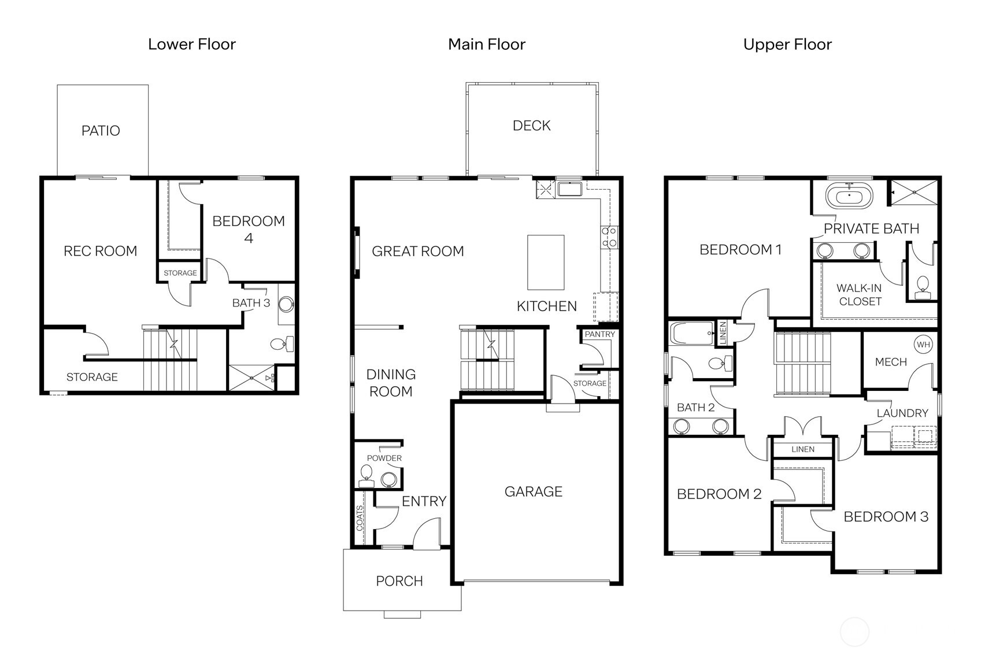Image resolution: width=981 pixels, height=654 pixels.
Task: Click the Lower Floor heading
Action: [191, 45]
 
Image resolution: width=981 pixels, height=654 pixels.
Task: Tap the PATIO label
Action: [101, 131]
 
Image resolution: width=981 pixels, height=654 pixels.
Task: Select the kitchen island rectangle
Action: [546, 262]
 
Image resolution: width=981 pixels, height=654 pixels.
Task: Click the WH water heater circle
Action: [923, 345]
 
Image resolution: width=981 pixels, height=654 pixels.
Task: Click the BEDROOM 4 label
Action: [249, 229]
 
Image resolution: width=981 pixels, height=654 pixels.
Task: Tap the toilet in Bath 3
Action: [282, 344]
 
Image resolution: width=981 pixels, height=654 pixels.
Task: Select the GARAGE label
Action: [533, 492]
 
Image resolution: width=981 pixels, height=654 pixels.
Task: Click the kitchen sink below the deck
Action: [570, 189]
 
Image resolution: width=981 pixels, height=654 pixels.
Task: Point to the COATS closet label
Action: [360, 518]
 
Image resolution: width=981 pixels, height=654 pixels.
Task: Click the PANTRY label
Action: [599, 334]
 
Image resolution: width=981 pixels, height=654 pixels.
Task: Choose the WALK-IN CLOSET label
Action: [860, 294]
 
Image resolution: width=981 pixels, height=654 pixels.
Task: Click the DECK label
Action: [531, 125]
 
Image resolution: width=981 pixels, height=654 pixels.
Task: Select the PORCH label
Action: [399, 581]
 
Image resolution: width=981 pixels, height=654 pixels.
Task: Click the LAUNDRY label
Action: [902, 413]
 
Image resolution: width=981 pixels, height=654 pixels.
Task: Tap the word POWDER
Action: [384, 458]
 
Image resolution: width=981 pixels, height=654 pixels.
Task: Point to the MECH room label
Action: [890, 362]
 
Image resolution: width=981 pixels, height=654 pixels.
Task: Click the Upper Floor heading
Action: [787, 45]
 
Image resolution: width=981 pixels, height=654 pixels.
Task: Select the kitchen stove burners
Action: [609, 237]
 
